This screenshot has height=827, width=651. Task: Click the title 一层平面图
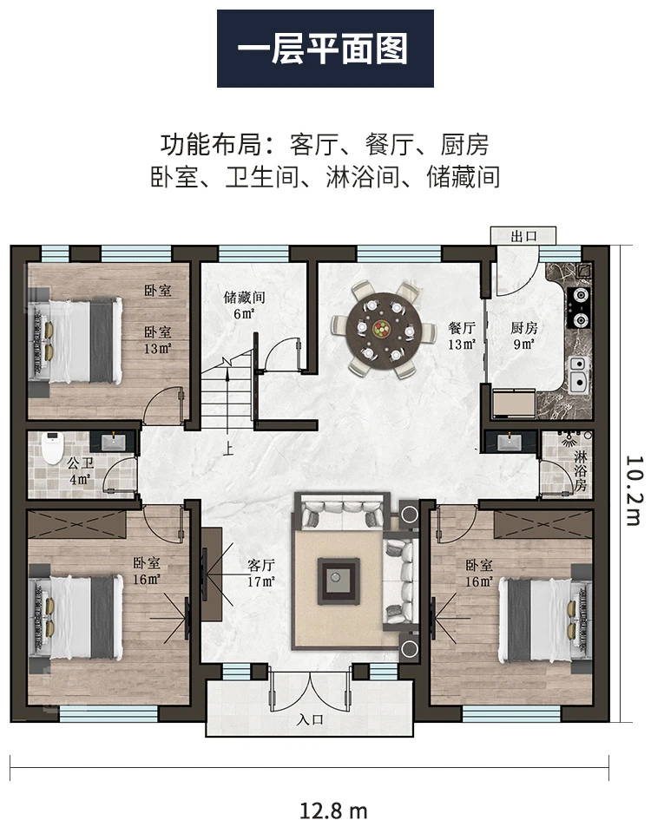[325, 49]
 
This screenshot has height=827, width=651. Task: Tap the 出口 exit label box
[520, 235]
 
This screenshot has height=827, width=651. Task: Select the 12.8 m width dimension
[333, 811]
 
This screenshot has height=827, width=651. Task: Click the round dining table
[383, 329]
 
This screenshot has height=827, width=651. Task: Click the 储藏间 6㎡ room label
[243, 304]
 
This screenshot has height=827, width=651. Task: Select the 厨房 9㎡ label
[522, 334]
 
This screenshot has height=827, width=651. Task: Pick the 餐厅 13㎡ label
[461, 334]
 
